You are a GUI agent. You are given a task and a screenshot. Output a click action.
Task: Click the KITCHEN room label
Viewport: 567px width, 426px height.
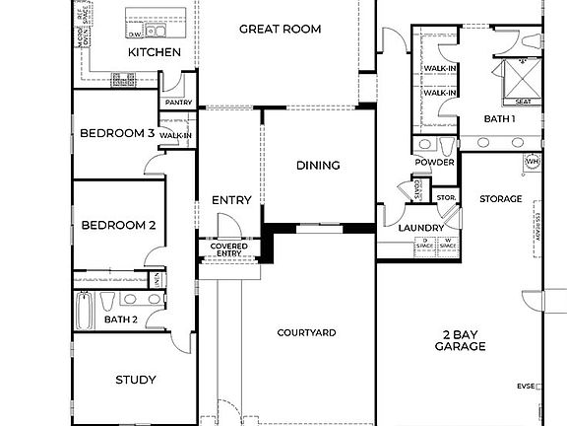(156, 51)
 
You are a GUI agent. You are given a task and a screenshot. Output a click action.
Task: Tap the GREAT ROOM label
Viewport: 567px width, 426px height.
(281, 29)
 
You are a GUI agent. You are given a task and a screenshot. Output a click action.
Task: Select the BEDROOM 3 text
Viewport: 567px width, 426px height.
(117, 133)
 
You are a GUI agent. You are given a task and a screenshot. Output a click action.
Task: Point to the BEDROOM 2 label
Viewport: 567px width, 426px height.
(118, 225)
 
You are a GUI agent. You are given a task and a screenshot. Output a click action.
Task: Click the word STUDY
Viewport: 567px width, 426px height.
(136, 380)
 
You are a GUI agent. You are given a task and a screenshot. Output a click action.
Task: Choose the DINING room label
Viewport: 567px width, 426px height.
(318, 165)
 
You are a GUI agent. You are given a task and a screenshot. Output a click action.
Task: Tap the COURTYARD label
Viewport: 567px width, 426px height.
(306, 333)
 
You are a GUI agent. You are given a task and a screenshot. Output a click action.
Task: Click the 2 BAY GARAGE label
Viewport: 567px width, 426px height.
(460, 340)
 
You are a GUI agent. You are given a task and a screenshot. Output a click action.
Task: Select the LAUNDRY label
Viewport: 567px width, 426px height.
(421, 229)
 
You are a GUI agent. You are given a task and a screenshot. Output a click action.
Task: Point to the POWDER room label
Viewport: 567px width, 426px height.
(434, 163)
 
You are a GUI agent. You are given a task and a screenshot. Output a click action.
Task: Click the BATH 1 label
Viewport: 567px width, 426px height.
(499, 118)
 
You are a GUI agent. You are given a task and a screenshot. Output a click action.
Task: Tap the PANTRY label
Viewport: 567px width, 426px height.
(178, 103)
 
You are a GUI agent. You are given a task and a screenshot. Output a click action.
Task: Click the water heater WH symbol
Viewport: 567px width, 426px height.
(533, 161)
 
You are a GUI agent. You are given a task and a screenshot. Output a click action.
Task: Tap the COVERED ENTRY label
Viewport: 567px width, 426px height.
(228, 249)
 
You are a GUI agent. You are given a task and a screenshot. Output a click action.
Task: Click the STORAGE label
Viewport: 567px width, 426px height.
(500, 199)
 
